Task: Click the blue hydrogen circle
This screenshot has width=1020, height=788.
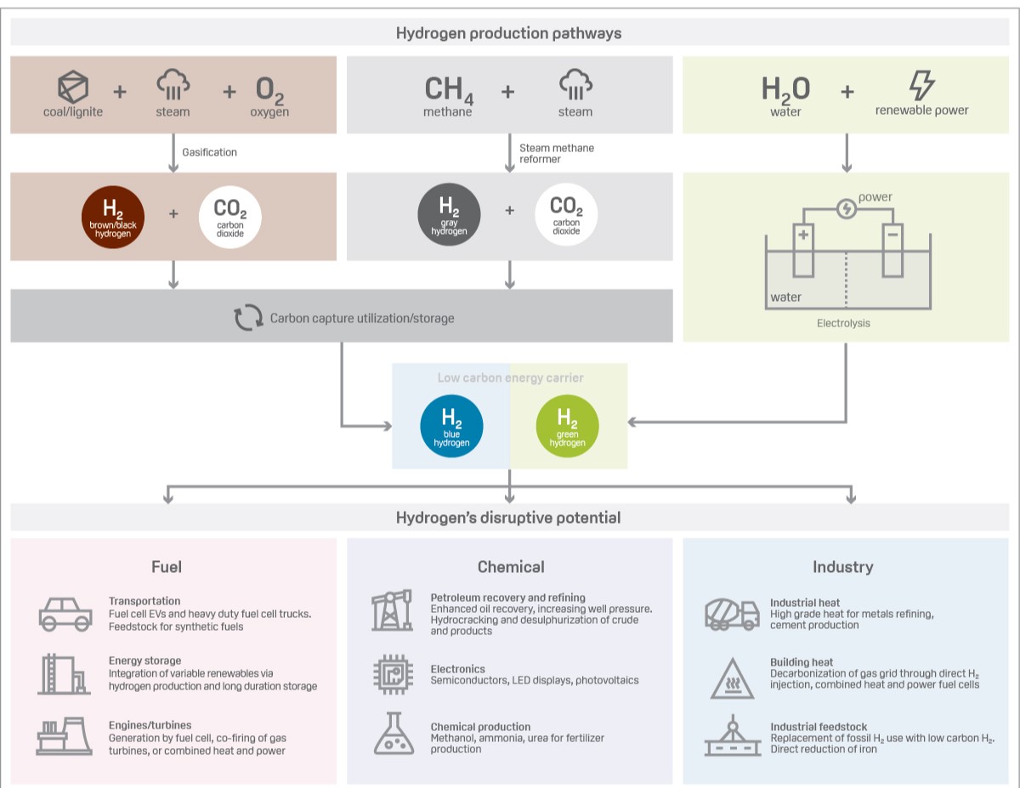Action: [x=452, y=426]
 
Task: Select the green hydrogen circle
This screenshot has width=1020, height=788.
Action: [x=567, y=426]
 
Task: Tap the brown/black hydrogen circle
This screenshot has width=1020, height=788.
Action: [x=113, y=216]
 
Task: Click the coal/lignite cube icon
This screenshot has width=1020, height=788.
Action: [x=73, y=87]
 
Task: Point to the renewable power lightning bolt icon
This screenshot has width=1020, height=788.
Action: [x=921, y=86]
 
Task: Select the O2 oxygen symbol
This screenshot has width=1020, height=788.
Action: [x=269, y=89]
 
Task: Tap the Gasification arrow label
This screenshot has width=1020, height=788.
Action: [x=209, y=152]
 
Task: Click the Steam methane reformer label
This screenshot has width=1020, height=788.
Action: [x=557, y=153]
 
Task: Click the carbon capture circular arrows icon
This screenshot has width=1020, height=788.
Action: [x=248, y=318]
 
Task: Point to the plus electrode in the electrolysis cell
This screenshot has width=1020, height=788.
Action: [x=803, y=250]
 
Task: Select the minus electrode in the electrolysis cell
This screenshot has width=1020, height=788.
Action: [x=892, y=250]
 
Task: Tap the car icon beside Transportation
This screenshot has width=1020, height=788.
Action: [x=65, y=613]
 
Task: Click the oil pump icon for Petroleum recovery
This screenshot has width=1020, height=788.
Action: [x=392, y=610]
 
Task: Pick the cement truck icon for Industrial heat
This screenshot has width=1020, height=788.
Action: [x=732, y=613]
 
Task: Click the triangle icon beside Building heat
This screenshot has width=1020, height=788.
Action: [x=733, y=677]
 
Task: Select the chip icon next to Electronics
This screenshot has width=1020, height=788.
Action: [x=393, y=674]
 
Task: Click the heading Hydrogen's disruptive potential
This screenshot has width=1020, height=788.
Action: [x=508, y=518]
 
